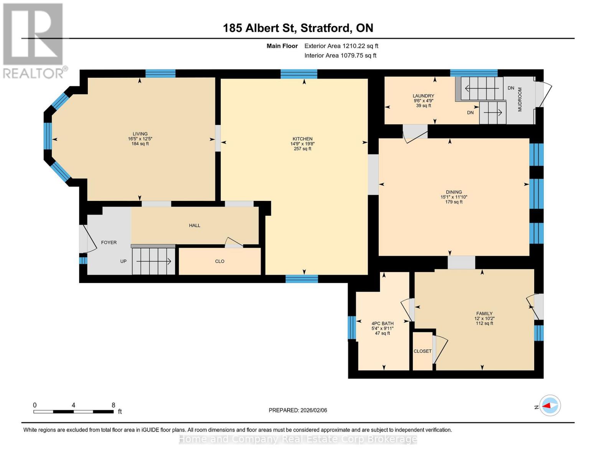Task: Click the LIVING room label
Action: tap(140, 134)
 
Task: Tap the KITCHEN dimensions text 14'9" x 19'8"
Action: tap(302, 144)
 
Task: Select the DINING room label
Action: tap(454, 192)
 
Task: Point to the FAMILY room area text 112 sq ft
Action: tap(484, 323)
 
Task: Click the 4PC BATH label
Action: tap(382, 324)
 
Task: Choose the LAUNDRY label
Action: tap(423, 96)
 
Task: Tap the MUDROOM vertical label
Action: tap(520, 99)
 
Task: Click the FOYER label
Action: tap(109, 242)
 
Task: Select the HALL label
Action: tap(195, 225)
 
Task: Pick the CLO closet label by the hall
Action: tap(220, 261)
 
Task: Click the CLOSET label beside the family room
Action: tap(423, 351)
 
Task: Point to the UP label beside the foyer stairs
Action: tap(123, 261)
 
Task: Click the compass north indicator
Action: tap(550, 405)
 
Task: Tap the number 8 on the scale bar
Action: tap(113, 405)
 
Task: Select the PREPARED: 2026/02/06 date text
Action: tap(298, 410)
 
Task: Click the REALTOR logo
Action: tap(34, 40)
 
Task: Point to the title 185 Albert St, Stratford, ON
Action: tap(298, 28)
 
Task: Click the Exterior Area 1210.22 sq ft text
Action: tap(341, 46)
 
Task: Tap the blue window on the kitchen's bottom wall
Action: tap(302, 279)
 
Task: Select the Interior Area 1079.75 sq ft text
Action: tap(340, 56)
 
